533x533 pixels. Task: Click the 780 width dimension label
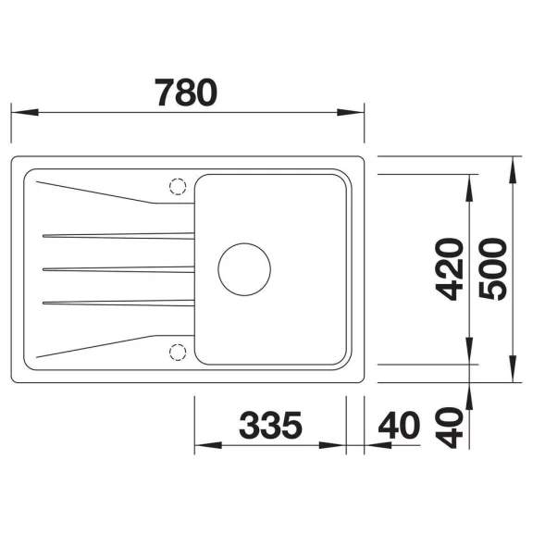click(186, 93)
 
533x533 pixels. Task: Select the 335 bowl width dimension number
click(270, 425)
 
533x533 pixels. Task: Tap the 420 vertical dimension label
click(450, 269)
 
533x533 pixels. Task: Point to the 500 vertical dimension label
click(492, 269)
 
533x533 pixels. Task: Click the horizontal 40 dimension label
click(399, 425)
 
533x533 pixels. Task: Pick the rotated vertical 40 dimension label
click(450, 428)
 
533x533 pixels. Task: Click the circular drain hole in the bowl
click(244, 269)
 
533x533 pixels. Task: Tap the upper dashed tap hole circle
click(178, 187)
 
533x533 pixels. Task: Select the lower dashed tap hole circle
click(178, 353)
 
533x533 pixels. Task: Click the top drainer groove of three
click(118, 236)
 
